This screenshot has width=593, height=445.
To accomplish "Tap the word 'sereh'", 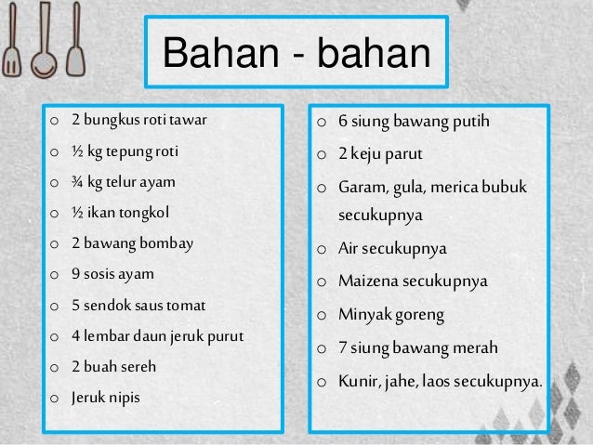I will (138, 366).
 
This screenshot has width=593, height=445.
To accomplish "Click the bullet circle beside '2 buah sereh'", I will (56, 367).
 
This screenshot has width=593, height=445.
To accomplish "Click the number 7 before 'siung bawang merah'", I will (342, 348).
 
